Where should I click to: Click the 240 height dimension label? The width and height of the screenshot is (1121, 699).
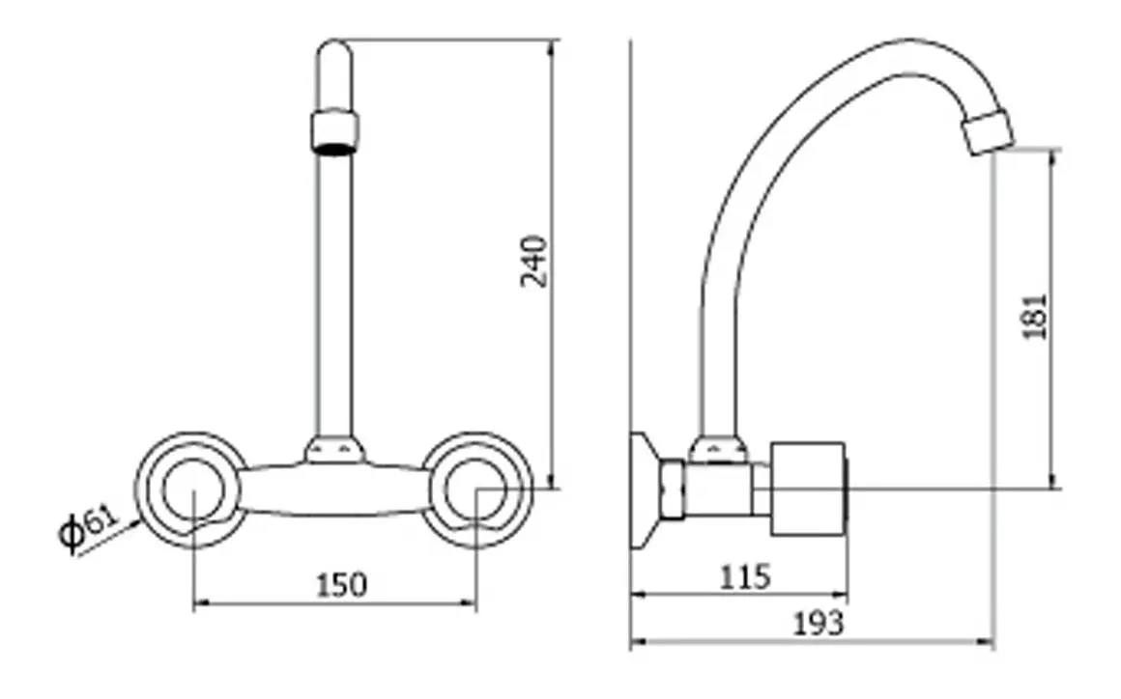click(534, 261)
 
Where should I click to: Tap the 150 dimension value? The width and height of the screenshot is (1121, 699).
click(341, 585)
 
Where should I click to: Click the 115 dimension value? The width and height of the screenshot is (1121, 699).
click(745, 577)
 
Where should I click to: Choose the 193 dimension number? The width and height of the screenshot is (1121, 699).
click(819, 624)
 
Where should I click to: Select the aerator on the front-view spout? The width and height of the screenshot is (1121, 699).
click(334, 131)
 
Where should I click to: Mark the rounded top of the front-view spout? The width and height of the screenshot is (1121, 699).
click(333, 53)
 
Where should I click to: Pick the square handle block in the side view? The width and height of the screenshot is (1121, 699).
click(809, 489)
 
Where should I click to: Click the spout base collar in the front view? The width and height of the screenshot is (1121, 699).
click(334, 450)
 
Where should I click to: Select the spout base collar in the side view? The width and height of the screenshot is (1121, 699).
click(718, 450)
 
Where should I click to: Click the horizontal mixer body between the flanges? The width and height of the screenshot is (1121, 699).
click(334, 489)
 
